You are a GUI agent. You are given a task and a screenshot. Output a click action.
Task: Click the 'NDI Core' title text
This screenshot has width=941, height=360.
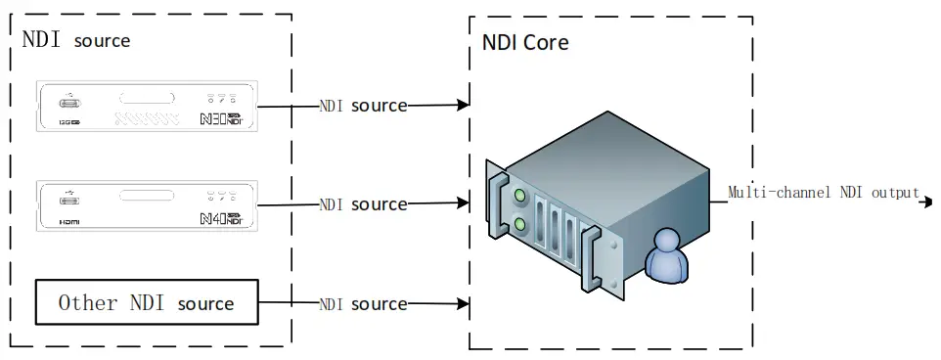coord(525,44)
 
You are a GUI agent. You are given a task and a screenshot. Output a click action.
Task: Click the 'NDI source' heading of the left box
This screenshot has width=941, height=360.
coord(76,40)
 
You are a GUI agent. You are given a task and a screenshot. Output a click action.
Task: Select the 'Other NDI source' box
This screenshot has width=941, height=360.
coord(147,302)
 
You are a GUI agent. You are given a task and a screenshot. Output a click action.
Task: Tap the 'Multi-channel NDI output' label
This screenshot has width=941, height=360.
coord(824,193)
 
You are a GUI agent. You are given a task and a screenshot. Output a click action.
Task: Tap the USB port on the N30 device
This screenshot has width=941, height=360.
coord(69,101)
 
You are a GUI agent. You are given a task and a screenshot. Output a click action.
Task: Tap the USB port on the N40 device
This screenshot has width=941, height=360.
coord(69,200)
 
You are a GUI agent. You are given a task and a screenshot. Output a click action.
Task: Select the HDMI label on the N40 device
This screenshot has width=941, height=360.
coord(68,223)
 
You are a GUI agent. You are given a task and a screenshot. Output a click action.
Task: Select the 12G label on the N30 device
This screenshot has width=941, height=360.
coord(68,123)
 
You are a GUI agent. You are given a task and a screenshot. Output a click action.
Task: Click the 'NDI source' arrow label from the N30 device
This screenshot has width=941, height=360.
coord(363,106)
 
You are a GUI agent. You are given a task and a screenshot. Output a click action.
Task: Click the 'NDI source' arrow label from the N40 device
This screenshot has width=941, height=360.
coord(363,204)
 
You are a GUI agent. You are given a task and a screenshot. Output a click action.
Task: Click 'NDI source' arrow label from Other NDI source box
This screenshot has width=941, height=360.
coord(363,304)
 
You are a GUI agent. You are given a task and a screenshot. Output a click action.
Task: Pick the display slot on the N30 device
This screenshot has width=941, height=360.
coord(147,99)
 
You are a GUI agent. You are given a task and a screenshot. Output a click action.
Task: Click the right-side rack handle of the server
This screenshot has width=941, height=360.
coord(590,259)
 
